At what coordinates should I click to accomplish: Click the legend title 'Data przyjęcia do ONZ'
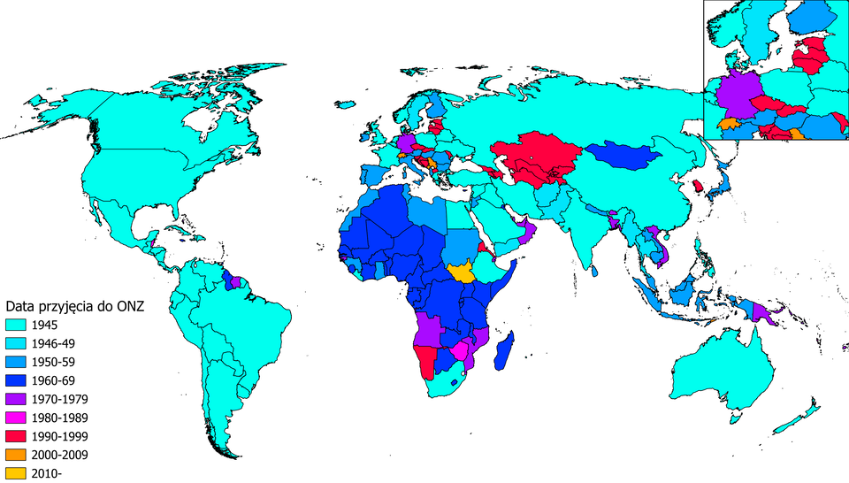coord(74,306)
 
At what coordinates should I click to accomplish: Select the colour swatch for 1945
coord(15,325)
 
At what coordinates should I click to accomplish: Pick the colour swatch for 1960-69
coord(15,380)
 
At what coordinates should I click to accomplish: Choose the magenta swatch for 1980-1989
coord(15,418)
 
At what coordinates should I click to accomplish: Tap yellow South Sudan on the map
coord(463,272)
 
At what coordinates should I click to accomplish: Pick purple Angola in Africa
coord(428,329)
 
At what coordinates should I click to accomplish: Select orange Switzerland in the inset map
coord(730,124)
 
